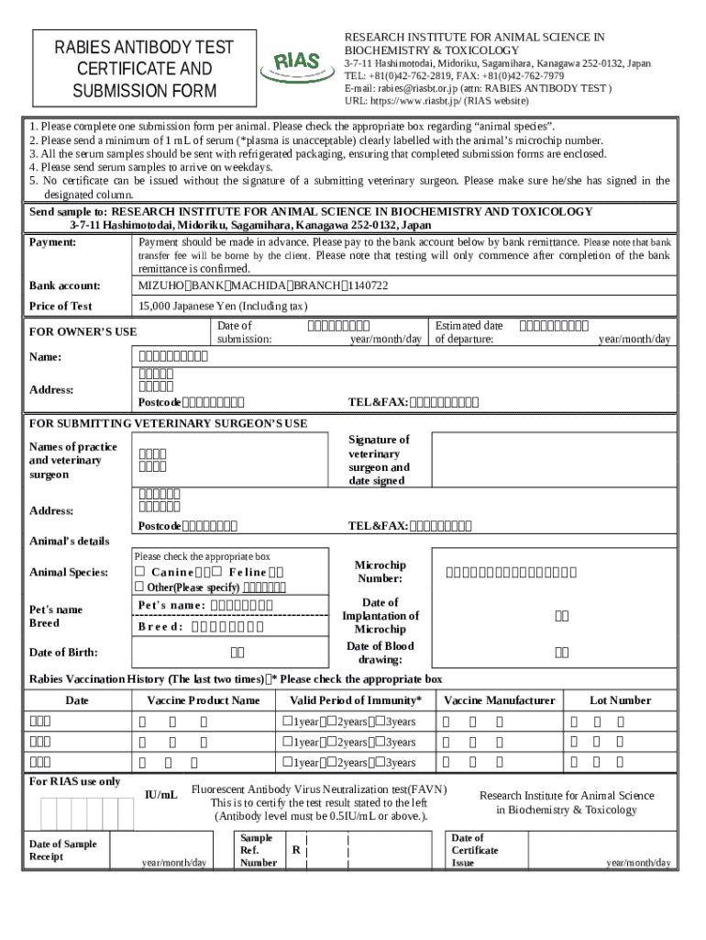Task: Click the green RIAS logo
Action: tap(296, 63)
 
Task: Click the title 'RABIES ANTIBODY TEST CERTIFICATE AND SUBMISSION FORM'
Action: tap(144, 69)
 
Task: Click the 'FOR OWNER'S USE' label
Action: tap(83, 331)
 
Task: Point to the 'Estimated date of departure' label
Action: tap(469, 331)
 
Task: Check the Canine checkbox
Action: tap(139, 573)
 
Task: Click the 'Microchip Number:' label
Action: tap(380, 572)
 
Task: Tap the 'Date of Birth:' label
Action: tap(63, 652)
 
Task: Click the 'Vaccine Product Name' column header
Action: tap(203, 700)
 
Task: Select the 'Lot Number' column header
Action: tap(620, 700)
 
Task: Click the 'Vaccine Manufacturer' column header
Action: tap(499, 700)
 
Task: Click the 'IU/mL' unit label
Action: tap(161, 794)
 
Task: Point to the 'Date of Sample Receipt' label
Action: tap(62, 850)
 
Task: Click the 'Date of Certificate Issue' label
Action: tap(475, 850)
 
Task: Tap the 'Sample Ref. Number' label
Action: tap(258, 850)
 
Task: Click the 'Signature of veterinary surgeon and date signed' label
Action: tap(379, 460)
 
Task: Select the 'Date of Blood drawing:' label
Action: tap(380, 653)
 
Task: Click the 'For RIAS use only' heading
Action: tap(74, 781)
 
